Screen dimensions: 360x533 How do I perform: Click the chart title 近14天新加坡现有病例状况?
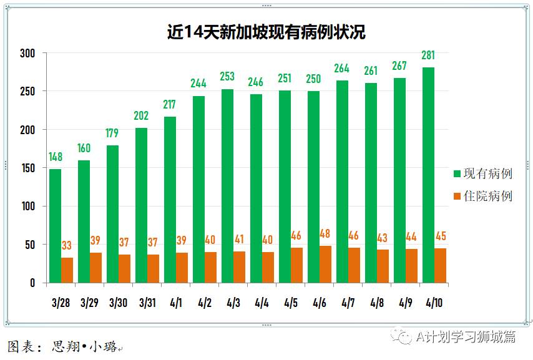[266, 32]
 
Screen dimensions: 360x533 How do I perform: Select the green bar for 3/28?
[56, 226]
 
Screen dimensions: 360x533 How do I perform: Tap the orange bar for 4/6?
[325, 265]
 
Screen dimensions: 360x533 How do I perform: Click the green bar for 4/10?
[429, 175]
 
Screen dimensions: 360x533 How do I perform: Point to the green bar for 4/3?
[227, 187]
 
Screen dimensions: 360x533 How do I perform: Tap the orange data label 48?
[325, 234]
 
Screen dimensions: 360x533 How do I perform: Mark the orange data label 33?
[67, 246]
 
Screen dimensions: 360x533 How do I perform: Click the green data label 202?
[142, 115]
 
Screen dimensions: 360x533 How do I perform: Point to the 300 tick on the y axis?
[28, 53]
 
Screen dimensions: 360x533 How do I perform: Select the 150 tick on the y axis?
[28, 168]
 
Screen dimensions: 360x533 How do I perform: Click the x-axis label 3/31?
[147, 303]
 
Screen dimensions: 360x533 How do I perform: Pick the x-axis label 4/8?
[377, 303]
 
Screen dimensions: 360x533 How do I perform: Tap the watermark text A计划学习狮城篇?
[466, 337]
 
